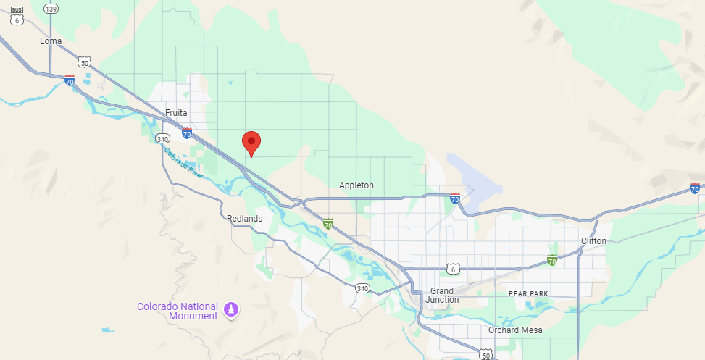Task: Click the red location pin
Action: pyautogui.click(x=251, y=142)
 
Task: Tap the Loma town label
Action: pyautogui.click(x=51, y=41)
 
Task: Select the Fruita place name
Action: pyautogui.click(x=176, y=113)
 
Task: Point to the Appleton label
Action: pyautogui.click(x=356, y=185)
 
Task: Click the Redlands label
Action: pyautogui.click(x=244, y=218)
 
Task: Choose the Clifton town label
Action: pyautogui.click(x=593, y=240)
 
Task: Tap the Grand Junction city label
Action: pyautogui.click(x=442, y=296)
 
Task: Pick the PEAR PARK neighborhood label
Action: pyautogui.click(x=528, y=293)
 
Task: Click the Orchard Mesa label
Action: pyautogui.click(x=514, y=330)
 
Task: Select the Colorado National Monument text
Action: pyautogui.click(x=178, y=311)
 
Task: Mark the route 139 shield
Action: pyautogui.click(x=51, y=9)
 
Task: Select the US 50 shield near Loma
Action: pyautogui.click(x=85, y=62)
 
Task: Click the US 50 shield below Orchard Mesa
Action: pyautogui.click(x=486, y=353)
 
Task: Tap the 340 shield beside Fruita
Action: pyautogui.click(x=162, y=139)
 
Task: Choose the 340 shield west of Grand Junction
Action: pyautogui.click(x=362, y=288)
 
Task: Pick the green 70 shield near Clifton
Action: pyautogui.click(x=552, y=259)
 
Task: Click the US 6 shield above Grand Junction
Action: pyautogui.click(x=454, y=269)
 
